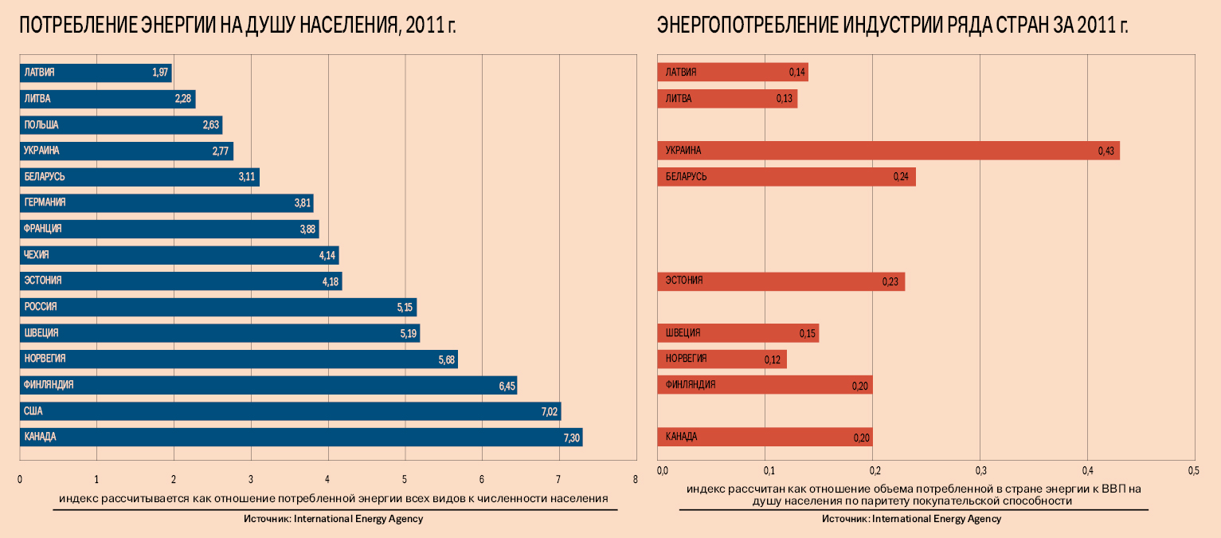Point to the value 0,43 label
click(x=1106, y=151)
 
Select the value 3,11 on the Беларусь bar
click(x=247, y=177)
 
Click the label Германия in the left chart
click(x=45, y=202)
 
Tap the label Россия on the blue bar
click(x=41, y=307)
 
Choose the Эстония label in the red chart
click(x=684, y=281)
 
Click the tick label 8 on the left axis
click(x=635, y=480)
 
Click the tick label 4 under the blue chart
click(x=327, y=480)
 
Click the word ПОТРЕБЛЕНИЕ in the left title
click(x=80, y=26)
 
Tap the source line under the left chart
click(x=334, y=519)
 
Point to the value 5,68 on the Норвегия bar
click(x=446, y=359)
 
